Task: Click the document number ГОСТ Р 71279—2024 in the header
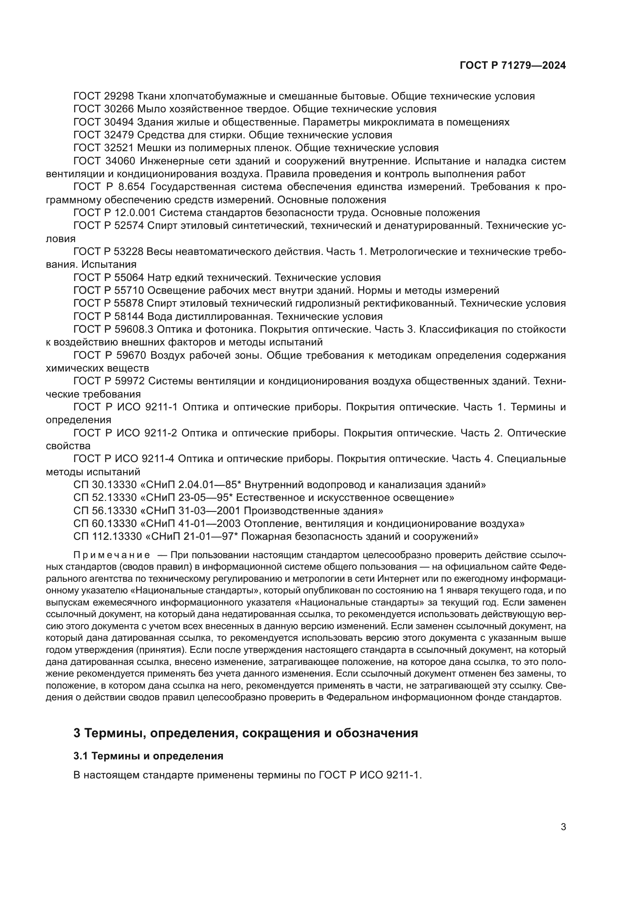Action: [513, 66]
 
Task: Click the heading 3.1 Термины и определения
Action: [148, 756]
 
